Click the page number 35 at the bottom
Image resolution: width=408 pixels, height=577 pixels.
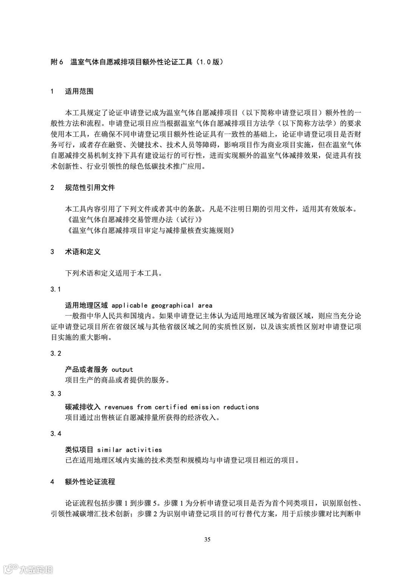tap(207, 539)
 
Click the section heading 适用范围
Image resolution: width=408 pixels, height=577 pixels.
tap(79, 91)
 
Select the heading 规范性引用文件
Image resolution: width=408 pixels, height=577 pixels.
tap(90, 188)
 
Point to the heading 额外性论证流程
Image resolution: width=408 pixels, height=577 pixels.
tap(90, 482)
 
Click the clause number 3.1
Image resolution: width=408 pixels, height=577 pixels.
tap(56, 289)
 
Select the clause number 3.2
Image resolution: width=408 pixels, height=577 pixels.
tap(56, 353)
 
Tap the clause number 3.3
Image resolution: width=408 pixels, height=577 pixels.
tap(56, 394)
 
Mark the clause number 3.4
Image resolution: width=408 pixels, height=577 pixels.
tap(56, 434)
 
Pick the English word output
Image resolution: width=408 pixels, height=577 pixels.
tap(122, 370)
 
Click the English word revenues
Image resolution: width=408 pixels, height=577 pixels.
tap(119, 407)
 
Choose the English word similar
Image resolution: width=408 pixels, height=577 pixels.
tap(110, 450)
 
